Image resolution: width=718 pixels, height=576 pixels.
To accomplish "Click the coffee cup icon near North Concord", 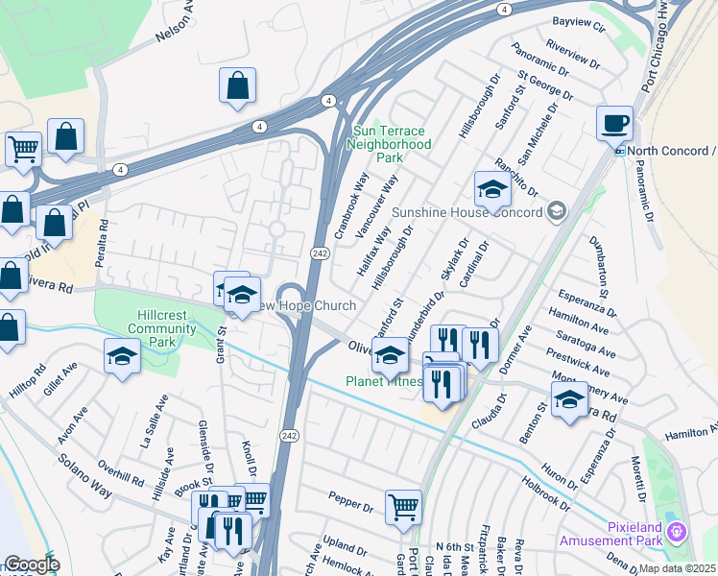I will pos(614,124).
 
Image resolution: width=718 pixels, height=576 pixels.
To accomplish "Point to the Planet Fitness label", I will pos(384,381).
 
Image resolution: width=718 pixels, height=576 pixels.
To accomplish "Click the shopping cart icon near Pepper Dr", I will pos(403,508).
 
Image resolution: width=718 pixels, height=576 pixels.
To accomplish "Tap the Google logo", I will pos(32,565).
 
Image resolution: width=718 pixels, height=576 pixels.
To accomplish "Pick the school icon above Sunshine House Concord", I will pos(491,188).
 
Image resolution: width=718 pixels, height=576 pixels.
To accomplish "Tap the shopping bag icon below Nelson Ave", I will pos(237,85).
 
